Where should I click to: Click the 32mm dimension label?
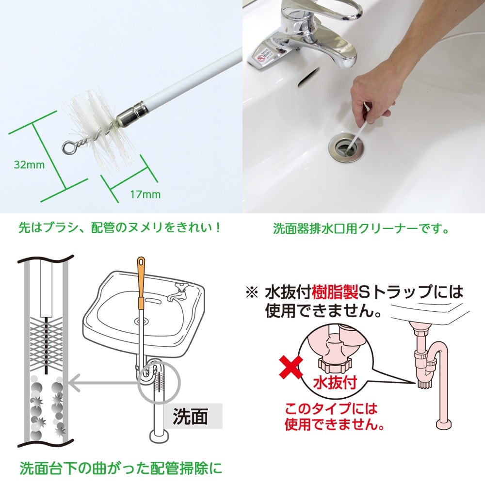point(29,164)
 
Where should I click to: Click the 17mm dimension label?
point(145,194)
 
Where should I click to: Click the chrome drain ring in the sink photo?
point(347,147)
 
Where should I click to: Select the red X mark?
point(291,367)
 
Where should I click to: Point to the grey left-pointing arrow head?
point(74,383)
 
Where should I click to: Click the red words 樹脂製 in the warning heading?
point(335,292)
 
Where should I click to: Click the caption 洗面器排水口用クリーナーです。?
point(361,228)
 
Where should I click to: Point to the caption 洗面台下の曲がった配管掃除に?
point(121,469)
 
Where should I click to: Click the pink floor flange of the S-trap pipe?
point(444,424)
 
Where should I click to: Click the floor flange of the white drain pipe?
point(159,436)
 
